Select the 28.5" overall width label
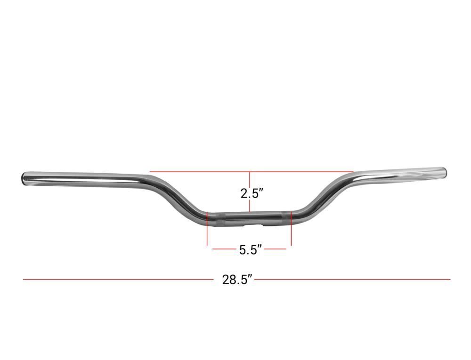pos(237,280)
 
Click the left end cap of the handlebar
pos(24,178)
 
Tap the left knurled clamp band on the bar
pos(220,219)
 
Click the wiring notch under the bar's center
pos(255,224)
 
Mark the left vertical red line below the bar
pos(207,229)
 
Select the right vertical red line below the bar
pos(291,228)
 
